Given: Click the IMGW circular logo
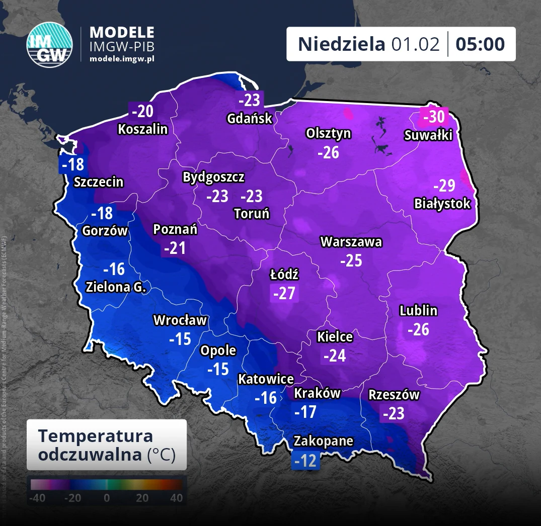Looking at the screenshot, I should pyautogui.click(x=49, y=44).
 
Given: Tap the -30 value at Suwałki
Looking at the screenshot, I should pyautogui.click(x=434, y=117).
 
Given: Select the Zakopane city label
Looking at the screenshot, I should pyautogui.click(x=324, y=441).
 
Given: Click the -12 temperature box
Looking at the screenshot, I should pyautogui.click(x=306, y=461).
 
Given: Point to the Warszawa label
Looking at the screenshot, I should pyautogui.click(x=351, y=242).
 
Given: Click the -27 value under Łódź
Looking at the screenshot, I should pyautogui.click(x=284, y=293).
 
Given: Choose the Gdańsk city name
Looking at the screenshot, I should pyautogui.click(x=250, y=119).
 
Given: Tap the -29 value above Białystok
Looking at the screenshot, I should pyautogui.click(x=444, y=186).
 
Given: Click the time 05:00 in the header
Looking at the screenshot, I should pyautogui.click(x=480, y=44).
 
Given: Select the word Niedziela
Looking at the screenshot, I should pyautogui.click(x=341, y=44).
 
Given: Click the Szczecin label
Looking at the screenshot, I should pyautogui.click(x=99, y=182).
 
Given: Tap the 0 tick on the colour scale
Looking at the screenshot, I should pyautogui.click(x=107, y=498).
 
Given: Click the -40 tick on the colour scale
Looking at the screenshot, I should pyautogui.click(x=37, y=498).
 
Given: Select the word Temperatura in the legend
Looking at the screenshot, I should pyautogui.click(x=96, y=435).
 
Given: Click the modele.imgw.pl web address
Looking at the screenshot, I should pyautogui.click(x=122, y=59).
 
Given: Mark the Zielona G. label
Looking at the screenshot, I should pyautogui.click(x=116, y=288).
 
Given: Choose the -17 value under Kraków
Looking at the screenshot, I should pyautogui.click(x=305, y=412).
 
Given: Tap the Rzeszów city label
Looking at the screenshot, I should pyautogui.click(x=394, y=395).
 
